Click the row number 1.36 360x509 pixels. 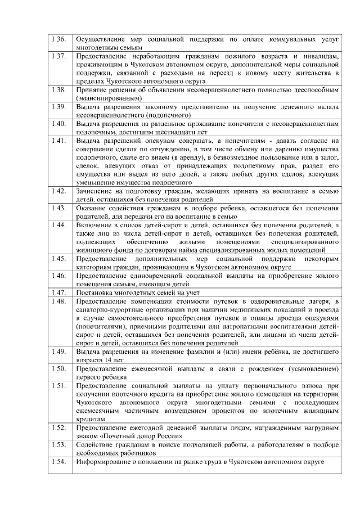[59, 40]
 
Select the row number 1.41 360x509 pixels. [59, 140]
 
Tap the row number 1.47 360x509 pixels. [59, 292]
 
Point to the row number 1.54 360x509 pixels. [59, 462]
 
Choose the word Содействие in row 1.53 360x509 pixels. [97, 445]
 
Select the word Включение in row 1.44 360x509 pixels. [96, 225]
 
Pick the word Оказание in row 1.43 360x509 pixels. [94, 208]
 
